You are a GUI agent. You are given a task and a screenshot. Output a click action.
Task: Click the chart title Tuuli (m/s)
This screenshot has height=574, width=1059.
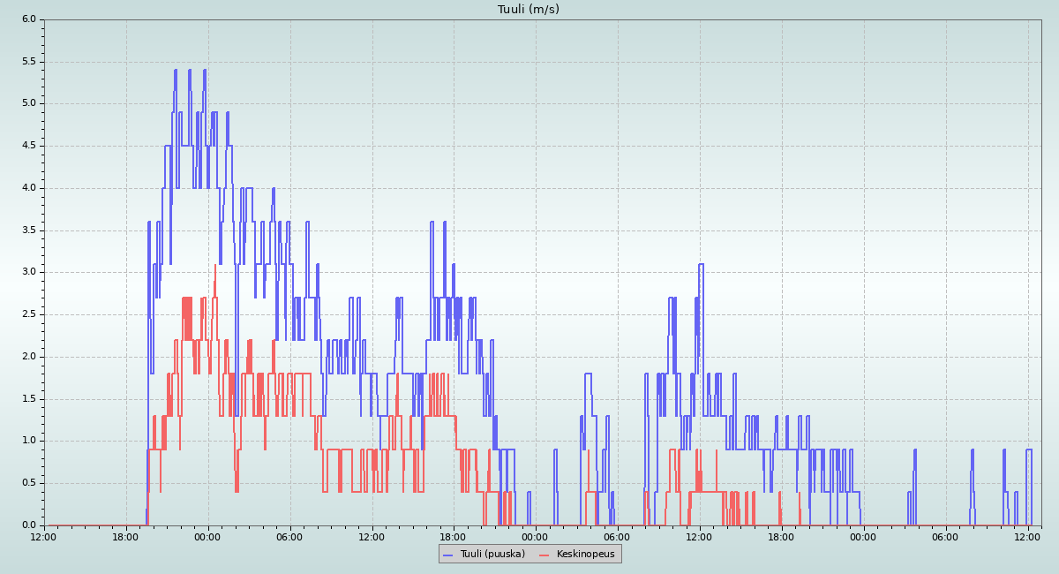[x=528, y=10]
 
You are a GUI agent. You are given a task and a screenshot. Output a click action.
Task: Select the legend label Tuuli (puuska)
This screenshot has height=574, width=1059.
[x=492, y=554]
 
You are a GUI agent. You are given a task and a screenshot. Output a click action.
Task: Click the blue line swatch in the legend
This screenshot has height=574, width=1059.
[x=447, y=555]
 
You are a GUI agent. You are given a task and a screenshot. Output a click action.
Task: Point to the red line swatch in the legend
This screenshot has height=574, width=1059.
[x=544, y=555]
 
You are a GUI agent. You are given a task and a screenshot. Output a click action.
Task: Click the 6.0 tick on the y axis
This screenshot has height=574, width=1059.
[x=29, y=19]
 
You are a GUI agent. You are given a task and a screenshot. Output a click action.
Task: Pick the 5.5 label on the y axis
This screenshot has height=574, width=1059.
[x=29, y=61]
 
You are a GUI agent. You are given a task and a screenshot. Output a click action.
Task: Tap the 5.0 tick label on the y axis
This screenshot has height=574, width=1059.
[x=29, y=103]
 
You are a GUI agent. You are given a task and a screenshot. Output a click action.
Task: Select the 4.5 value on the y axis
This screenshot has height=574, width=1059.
[x=29, y=146]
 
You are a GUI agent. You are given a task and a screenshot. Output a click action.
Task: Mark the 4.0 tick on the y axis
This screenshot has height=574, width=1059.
[x=29, y=187]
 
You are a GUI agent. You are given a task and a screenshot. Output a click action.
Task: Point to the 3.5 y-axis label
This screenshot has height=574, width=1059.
[x=29, y=230]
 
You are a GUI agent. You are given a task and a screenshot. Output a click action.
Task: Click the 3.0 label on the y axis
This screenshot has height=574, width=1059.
[x=29, y=272]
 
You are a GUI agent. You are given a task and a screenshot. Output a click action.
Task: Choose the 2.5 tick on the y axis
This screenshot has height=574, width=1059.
[x=29, y=314]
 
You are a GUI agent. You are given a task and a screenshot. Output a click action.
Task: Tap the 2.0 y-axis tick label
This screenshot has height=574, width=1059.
[x=29, y=357]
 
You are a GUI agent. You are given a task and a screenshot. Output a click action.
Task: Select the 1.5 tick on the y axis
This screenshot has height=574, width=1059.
[x=29, y=398]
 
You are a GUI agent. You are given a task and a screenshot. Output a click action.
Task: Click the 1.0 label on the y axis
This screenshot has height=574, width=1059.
[x=29, y=441]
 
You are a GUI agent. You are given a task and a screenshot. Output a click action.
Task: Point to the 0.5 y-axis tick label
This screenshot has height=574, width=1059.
[x=29, y=483]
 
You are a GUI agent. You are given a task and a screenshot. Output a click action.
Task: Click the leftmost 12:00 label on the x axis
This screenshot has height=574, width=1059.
[x=44, y=537]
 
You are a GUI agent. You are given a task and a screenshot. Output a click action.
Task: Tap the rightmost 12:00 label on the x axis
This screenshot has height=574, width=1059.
[x=1027, y=537]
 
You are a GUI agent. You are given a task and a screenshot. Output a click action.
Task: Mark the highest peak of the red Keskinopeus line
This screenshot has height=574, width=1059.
[x=214, y=265]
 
